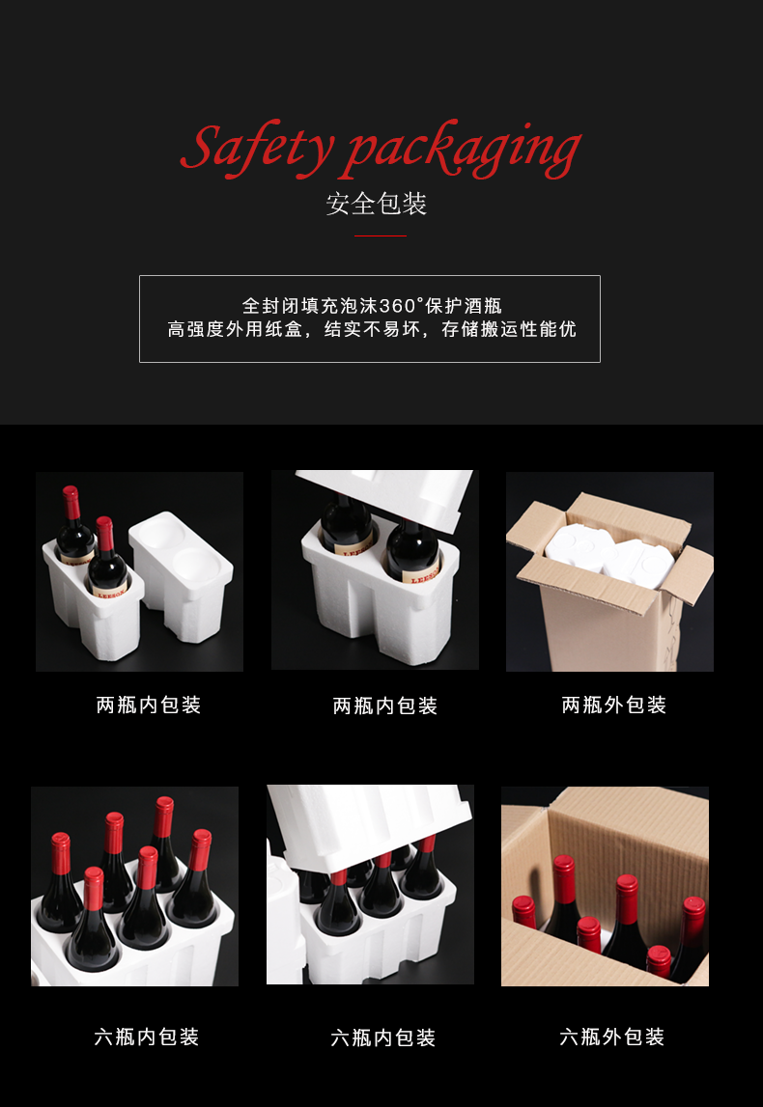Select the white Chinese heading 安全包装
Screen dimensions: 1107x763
click(x=377, y=204)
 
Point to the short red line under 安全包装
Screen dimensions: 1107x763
click(x=380, y=235)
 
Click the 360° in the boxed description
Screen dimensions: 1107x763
click(x=402, y=306)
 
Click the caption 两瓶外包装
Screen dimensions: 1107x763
click(x=614, y=706)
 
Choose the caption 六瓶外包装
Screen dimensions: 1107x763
click(x=612, y=1038)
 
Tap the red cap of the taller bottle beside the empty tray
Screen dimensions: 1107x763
click(x=71, y=501)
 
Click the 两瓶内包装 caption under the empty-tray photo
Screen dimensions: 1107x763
click(x=149, y=706)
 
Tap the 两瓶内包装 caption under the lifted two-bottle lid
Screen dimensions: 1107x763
click(x=385, y=706)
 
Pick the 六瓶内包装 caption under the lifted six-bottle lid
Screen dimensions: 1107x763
click(x=383, y=1038)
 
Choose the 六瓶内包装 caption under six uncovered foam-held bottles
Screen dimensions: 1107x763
click(x=147, y=1038)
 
